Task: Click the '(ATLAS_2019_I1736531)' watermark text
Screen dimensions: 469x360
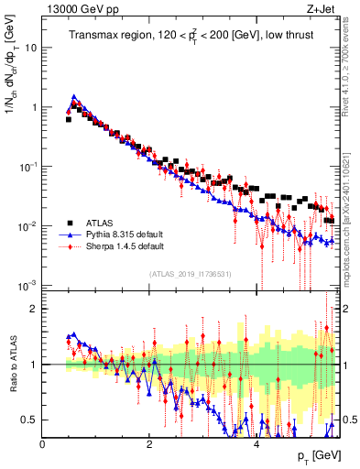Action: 190,274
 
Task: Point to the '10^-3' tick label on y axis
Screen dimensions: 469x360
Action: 27,286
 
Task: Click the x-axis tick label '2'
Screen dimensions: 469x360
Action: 148,444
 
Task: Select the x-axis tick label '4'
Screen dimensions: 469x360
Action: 256,444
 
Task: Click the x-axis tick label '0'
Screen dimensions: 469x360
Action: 42,444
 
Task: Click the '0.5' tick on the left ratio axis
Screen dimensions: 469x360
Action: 30,420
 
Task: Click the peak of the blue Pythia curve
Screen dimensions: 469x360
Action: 74,96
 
